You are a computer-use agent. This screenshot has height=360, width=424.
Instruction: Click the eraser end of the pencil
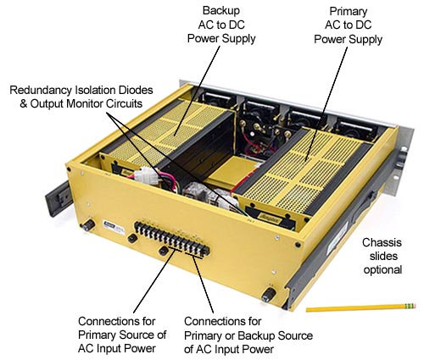click(410, 304)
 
